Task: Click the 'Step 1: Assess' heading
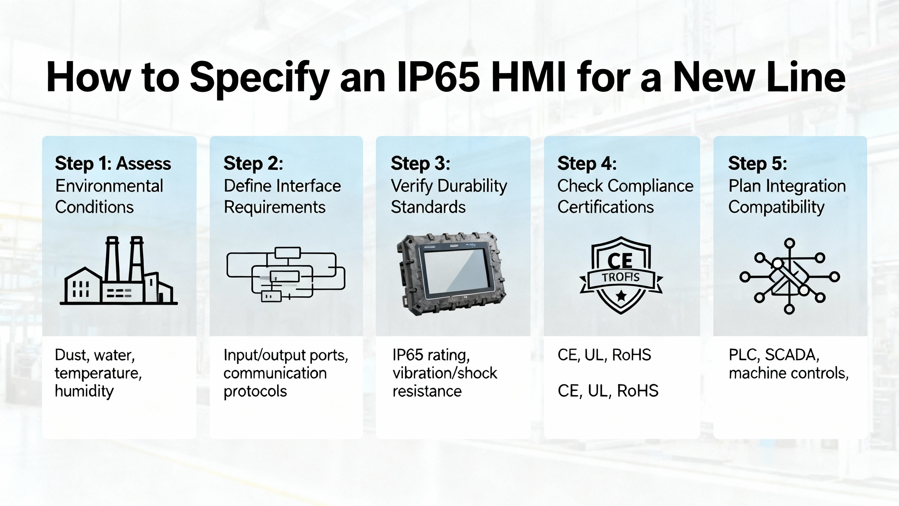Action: pos(113,164)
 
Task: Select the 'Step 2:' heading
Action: pos(253,164)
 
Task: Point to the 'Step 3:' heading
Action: pos(420,164)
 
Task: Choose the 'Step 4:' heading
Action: pos(587,164)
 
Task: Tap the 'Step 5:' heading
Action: pos(757,164)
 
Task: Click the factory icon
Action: pos(119,271)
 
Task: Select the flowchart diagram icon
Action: pos(286,274)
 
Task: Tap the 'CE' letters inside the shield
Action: pos(620,261)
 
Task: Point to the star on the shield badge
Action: pos(621,296)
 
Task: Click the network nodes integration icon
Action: pos(789,276)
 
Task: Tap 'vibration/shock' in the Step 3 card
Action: pos(445,373)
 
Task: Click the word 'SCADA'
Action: pos(792,355)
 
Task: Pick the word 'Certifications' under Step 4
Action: pos(606,207)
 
